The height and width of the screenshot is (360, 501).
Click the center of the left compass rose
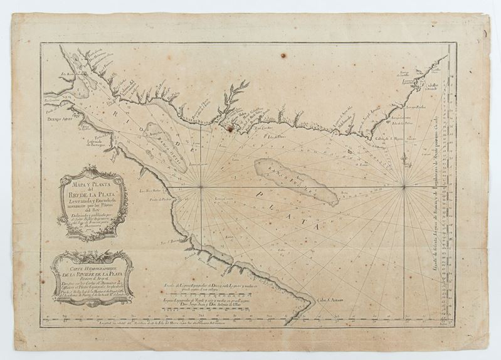click(x=201, y=186)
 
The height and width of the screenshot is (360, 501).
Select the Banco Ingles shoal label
click(x=292, y=179)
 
